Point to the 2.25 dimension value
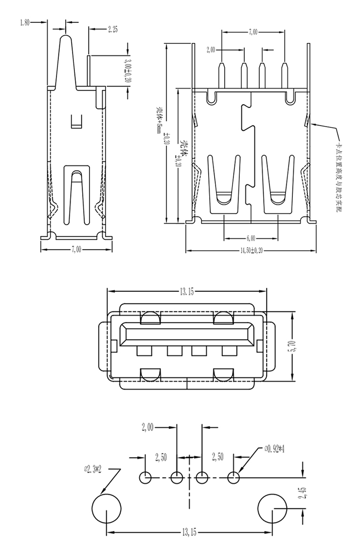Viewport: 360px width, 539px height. pos(112,29)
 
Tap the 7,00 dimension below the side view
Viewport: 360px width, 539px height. pos(76,249)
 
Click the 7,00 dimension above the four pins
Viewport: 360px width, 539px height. pos(253,32)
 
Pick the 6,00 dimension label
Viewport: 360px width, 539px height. pos(251,239)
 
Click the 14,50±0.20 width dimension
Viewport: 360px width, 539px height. pos(251,251)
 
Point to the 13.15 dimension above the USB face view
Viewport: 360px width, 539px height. pos(187,292)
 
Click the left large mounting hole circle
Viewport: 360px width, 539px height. pos(107,508)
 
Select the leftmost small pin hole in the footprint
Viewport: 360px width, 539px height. pos(145,478)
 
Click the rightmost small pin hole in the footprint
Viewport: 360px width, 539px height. pos(234,478)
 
